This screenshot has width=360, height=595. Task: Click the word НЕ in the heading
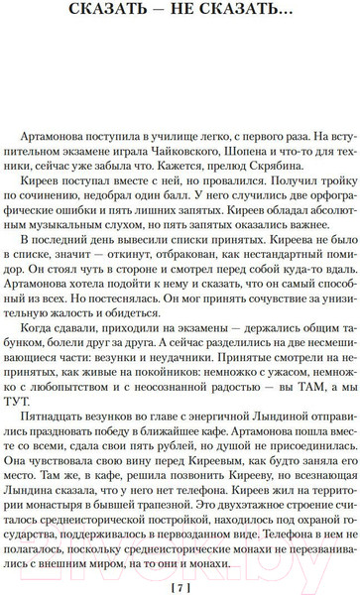pyautogui.click(x=199, y=13)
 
